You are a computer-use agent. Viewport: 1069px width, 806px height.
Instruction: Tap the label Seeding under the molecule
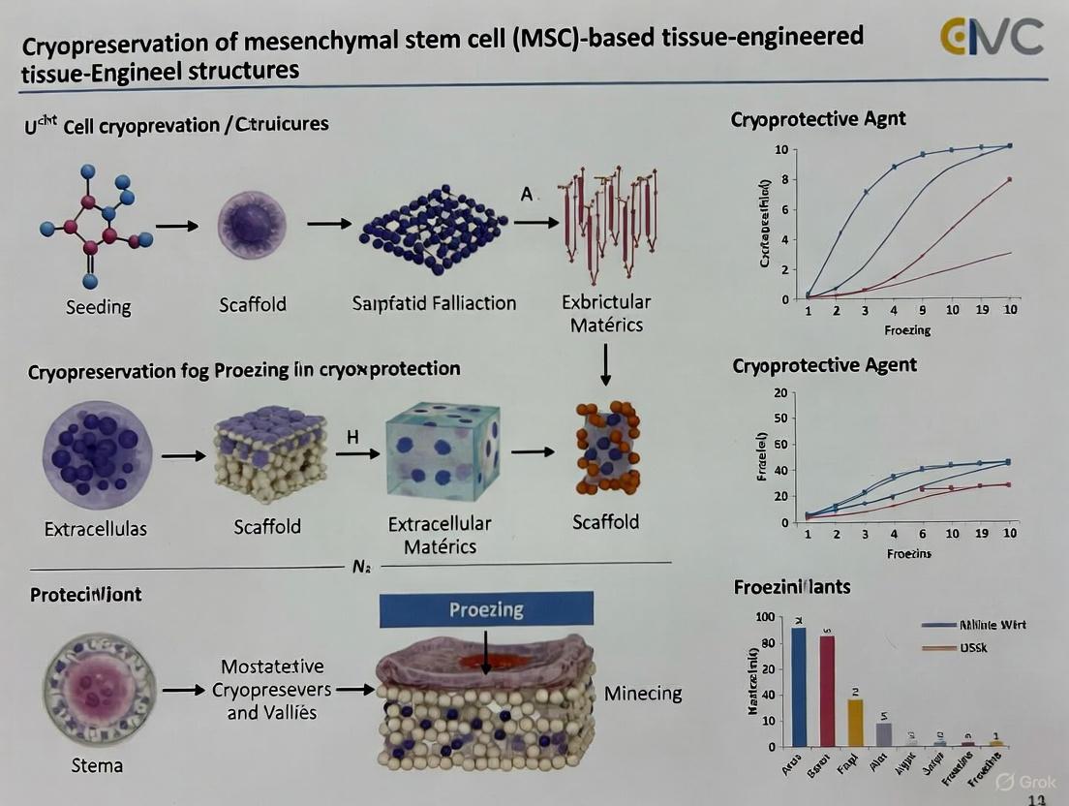98,306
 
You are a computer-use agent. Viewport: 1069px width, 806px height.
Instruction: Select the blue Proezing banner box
485,609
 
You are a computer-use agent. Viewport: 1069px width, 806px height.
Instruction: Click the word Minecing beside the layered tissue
643,693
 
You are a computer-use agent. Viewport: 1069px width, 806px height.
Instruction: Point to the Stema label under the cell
97,765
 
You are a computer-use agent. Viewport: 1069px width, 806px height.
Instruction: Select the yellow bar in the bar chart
855,722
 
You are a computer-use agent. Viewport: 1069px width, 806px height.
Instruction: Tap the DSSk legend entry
972,646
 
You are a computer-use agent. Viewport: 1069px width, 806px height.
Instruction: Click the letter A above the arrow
527,195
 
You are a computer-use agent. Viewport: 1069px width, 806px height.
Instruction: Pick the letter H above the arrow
352,437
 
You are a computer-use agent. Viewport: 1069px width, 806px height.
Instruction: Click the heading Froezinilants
792,586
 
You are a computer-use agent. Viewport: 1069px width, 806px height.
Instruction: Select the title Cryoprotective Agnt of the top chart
818,120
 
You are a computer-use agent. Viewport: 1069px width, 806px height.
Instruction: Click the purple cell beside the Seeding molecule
253,226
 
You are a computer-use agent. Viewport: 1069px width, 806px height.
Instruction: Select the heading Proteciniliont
86,594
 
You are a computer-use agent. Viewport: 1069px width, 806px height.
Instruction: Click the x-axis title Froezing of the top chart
906,330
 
